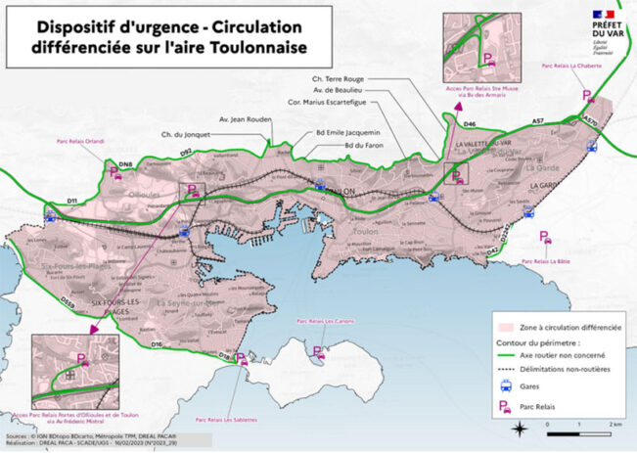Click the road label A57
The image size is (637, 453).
[537, 119]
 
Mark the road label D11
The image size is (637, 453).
[71, 200]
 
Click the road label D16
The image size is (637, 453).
[157, 344]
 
